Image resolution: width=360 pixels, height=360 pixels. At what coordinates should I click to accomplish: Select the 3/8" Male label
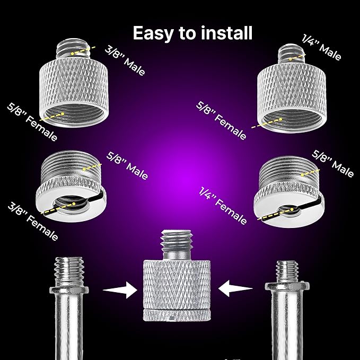pyautogui.click(x=125, y=60)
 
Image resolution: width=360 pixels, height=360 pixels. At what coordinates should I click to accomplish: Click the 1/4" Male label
pyautogui.click(x=321, y=47)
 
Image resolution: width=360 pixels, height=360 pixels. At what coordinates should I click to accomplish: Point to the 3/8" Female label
pyautogui.click(x=33, y=221)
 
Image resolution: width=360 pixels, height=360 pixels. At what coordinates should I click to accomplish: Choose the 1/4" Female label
pyautogui.click(x=223, y=206)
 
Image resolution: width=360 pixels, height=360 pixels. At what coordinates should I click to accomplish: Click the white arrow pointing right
pyautogui.click(x=120, y=290)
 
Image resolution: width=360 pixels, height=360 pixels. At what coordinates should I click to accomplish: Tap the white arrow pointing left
pyautogui.click(x=235, y=288)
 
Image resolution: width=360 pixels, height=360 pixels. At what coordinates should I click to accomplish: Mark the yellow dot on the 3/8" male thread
pyautogui.click(x=72, y=54)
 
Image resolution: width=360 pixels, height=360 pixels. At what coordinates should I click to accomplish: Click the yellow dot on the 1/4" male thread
pyautogui.click(x=291, y=59)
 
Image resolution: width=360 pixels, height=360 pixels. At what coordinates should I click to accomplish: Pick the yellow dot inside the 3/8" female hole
pyautogui.click(x=74, y=204)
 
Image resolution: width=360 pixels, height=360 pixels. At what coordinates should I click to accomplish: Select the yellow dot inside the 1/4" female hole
pyautogui.click(x=292, y=209)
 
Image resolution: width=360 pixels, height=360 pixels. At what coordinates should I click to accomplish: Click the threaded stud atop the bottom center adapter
pyautogui.click(x=177, y=245)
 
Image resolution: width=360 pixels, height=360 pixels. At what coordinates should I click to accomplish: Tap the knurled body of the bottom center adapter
pyautogui.click(x=177, y=290)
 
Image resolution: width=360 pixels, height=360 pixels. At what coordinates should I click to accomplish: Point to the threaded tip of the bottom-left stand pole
pyautogui.click(x=69, y=271)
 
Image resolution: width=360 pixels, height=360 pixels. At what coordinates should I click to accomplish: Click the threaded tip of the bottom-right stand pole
pyautogui.click(x=287, y=272)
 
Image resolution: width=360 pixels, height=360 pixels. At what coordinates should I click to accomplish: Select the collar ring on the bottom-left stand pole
pyautogui.click(x=69, y=290)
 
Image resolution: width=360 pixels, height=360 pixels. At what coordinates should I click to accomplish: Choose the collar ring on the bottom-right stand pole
pyautogui.click(x=287, y=286)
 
